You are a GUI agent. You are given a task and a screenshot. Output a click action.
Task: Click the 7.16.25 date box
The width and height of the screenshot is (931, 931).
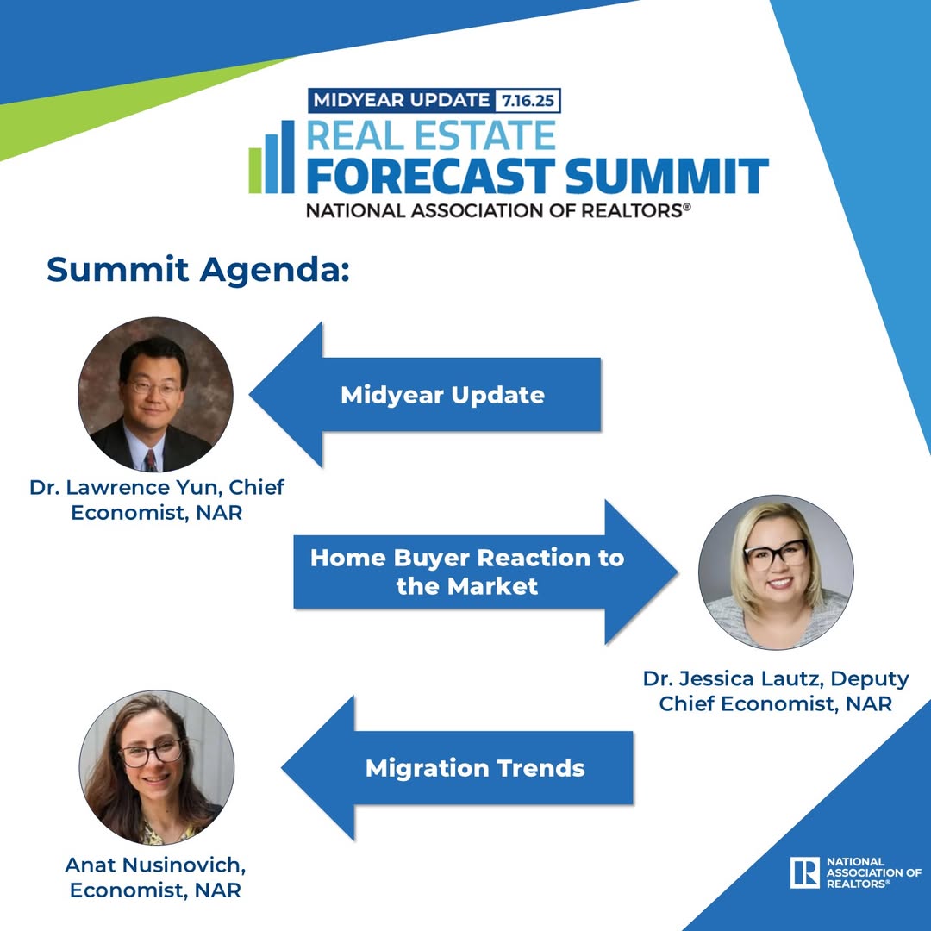[528, 100]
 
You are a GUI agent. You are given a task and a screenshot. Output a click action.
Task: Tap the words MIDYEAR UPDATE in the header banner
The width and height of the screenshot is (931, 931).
[402, 100]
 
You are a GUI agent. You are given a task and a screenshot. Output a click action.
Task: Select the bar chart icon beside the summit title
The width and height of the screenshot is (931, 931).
[272, 157]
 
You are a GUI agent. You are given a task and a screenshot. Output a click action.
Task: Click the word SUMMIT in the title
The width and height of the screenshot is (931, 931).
[666, 176]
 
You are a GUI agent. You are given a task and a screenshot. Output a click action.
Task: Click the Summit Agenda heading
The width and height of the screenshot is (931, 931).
[198, 270]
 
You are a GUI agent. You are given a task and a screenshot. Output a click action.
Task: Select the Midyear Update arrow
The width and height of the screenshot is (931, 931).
[425, 394]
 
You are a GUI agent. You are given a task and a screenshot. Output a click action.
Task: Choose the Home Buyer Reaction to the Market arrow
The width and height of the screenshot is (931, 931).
[485, 572]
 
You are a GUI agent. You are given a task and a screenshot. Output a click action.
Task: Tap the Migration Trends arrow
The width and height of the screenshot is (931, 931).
[457, 768]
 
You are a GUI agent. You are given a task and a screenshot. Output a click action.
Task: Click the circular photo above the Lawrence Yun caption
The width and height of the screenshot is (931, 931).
[155, 394]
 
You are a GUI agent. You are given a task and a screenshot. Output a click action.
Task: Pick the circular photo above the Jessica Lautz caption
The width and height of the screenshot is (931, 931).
[776, 572]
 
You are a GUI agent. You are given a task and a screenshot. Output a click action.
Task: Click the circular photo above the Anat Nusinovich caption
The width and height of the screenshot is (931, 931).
[157, 767]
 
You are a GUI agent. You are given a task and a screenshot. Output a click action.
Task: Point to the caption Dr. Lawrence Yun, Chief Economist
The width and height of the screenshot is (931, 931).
[157, 499]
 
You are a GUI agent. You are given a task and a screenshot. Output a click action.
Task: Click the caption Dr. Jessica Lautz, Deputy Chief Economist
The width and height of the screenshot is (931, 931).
[776, 690]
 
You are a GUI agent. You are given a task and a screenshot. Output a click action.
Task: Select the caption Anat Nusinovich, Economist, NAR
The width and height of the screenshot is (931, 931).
[155, 877]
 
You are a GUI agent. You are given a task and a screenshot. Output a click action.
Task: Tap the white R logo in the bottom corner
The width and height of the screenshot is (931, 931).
[804, 872]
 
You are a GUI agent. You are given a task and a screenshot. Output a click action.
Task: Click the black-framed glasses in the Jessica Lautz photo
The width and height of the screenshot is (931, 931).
[776, 554]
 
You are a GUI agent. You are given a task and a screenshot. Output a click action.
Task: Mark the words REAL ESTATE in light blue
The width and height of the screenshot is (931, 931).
[431, 135]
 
